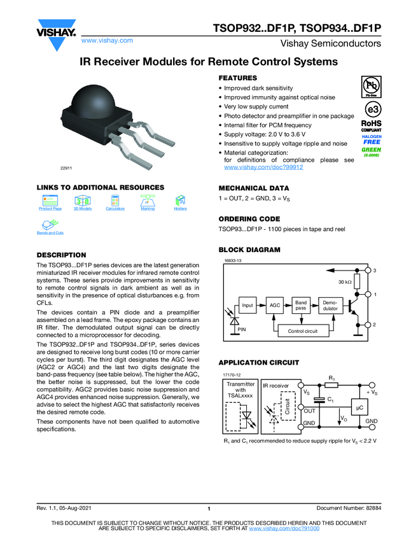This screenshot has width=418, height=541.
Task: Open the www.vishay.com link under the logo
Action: point(107,40)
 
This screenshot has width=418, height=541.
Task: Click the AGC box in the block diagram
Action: point(275,306)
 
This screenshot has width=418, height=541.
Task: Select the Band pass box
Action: point(300,306)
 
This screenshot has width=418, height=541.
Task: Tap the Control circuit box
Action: point(303,331)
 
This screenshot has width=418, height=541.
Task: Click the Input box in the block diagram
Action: point(247,306)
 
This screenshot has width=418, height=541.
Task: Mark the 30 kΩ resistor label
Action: point(345,281)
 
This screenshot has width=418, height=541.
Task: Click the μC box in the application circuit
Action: point(359,407)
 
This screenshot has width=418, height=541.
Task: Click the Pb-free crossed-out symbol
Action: point(371,84)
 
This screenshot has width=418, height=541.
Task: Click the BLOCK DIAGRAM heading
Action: point(249,249)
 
